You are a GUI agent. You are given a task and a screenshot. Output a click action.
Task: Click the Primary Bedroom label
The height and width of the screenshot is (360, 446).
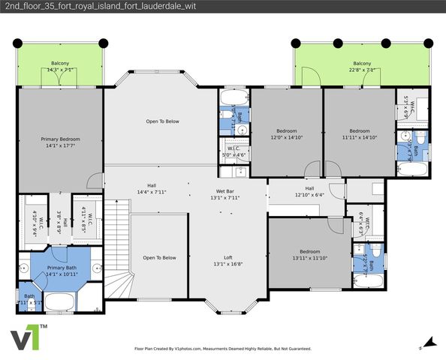[60, 142]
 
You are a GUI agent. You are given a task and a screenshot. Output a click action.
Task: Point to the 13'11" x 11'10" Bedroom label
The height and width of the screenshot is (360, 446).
[309, 255]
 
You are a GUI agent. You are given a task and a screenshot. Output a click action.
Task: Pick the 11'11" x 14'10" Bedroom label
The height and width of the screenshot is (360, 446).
[359, 134]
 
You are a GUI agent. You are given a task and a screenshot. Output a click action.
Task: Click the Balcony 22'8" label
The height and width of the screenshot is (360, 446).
[362, 67]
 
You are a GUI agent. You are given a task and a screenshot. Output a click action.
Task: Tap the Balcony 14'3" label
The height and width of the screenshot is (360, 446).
[60, 67]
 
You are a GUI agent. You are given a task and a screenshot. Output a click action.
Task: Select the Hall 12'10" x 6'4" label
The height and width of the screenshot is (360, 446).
[309, 192]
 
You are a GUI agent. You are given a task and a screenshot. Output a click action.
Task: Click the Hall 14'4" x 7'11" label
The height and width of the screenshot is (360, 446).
[151, 189]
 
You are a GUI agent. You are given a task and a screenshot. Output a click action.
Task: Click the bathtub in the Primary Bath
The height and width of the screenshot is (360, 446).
[60, 302]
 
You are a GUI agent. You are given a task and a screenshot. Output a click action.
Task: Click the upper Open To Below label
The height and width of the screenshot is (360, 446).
[162, 121]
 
